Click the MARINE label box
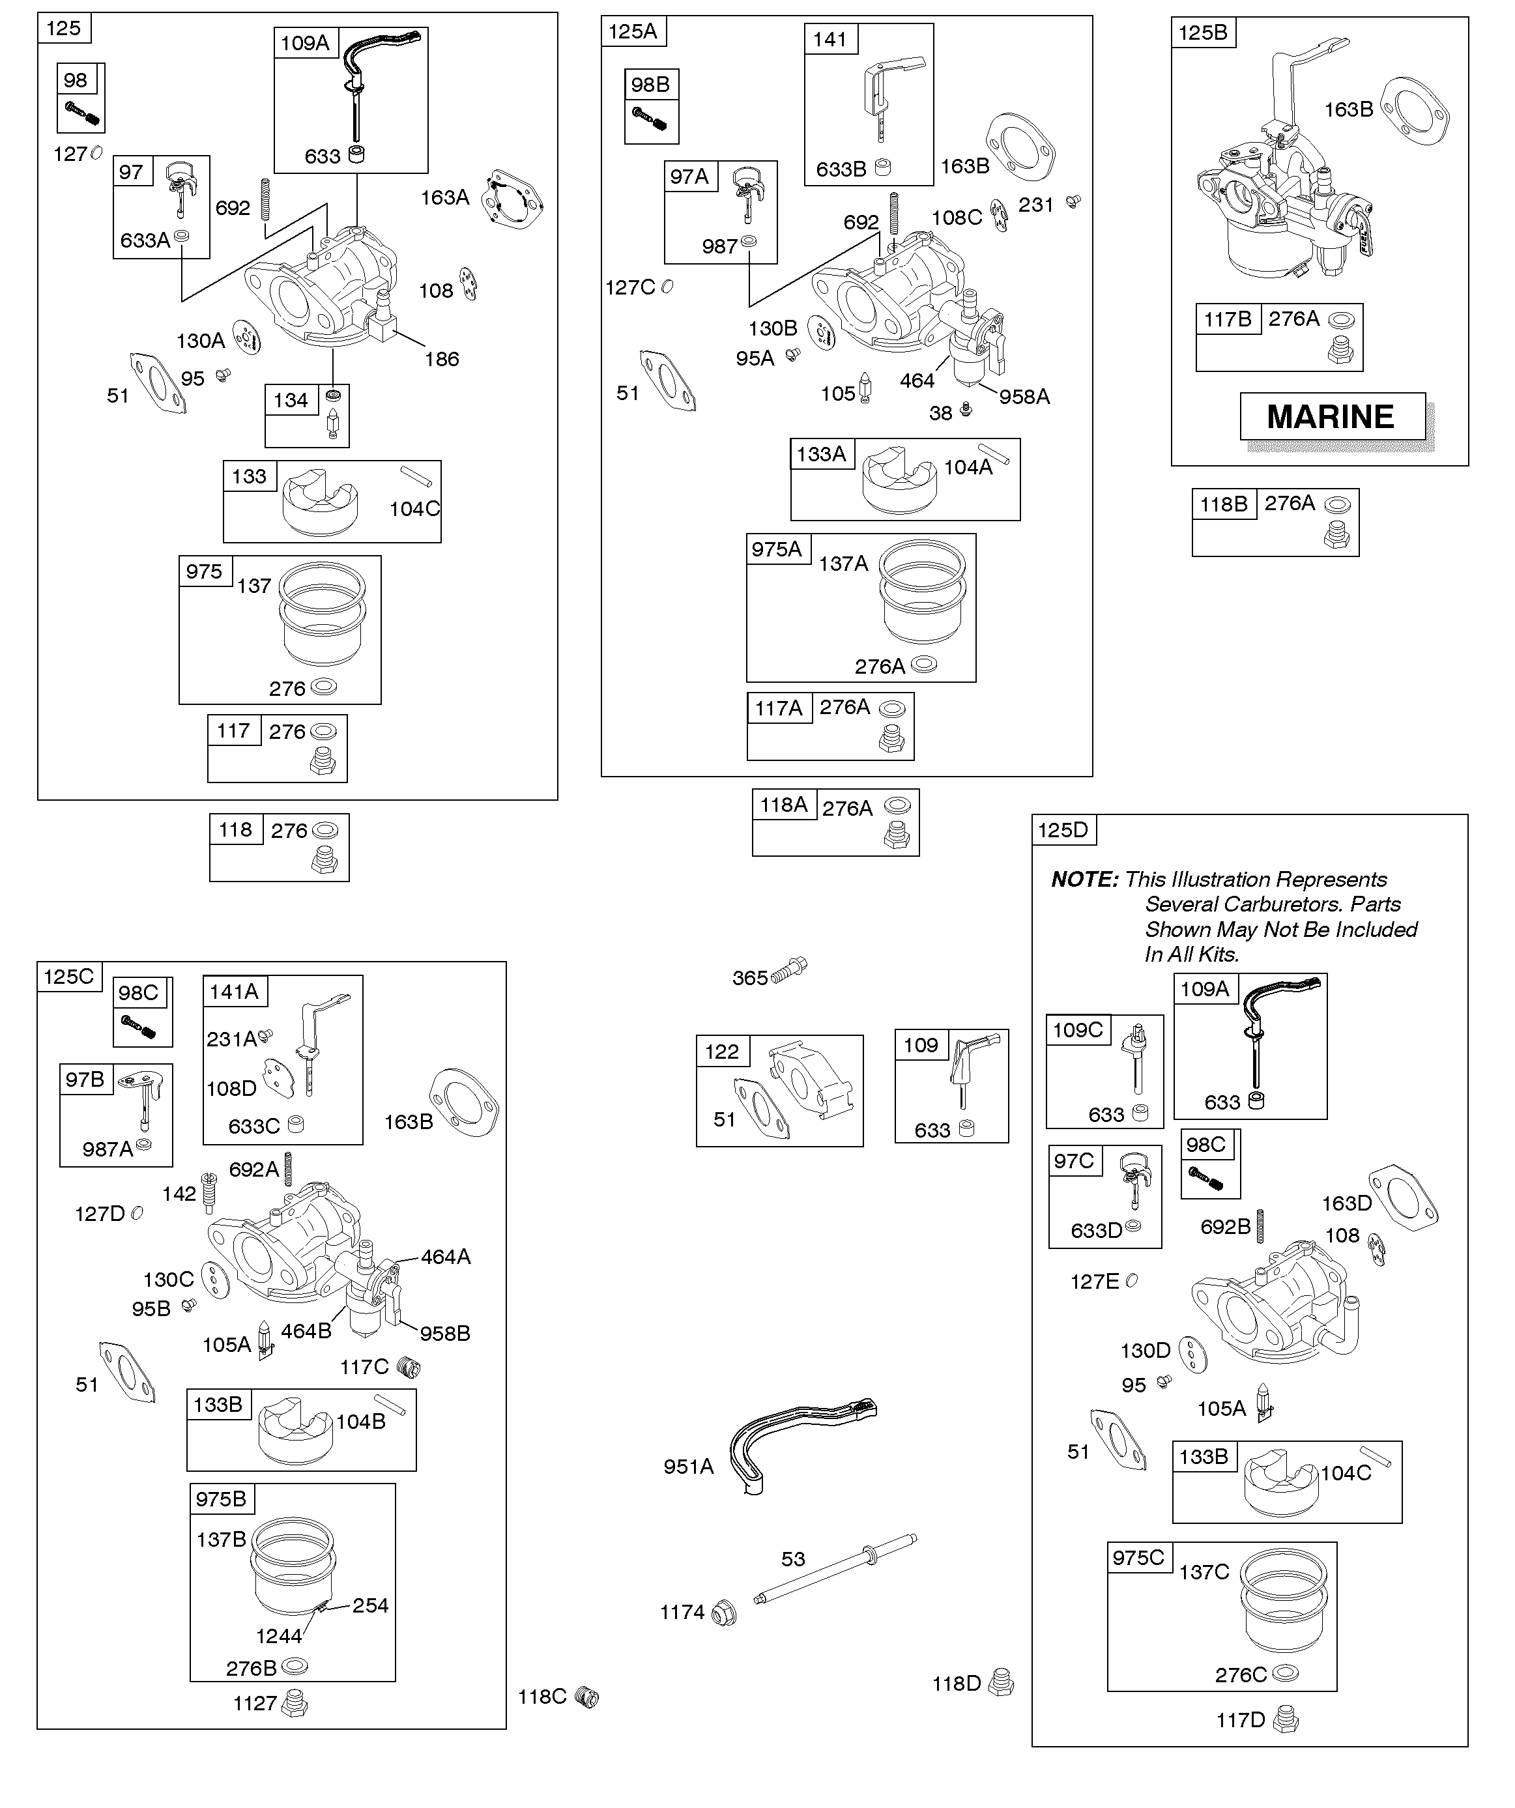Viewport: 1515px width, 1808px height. [1331, 417]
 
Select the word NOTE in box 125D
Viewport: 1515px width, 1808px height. [1084, 880]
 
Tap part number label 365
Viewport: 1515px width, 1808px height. [749, 978]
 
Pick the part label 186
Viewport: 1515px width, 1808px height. [442, 359]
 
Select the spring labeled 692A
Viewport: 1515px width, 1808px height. [289, 1168]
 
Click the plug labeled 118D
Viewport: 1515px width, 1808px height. [1001, 1683]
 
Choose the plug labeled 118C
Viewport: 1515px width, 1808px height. [586, 1697]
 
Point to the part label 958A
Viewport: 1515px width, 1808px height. [1024, 397]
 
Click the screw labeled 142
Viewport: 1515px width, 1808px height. [208, 1191]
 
